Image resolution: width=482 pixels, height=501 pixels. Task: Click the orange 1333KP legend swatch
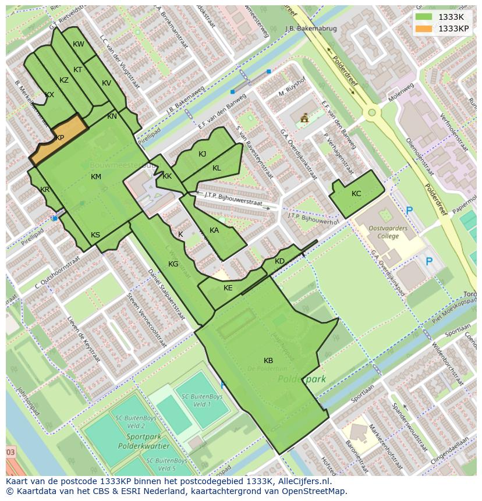426,29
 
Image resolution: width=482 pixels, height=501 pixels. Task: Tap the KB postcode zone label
268,361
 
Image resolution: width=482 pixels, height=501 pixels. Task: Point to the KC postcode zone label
356,194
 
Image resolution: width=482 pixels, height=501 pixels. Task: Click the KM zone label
96,177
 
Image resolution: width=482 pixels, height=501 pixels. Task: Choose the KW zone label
79,44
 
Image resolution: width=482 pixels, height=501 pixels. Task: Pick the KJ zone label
202,154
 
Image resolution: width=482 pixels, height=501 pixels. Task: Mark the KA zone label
214,230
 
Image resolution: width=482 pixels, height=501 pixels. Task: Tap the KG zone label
173,264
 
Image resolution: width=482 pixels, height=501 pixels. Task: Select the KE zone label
228,288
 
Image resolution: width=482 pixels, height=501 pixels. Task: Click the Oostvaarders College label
388,232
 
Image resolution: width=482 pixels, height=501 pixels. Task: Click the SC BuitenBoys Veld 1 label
194,400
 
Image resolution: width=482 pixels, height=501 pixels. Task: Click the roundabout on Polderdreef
371,112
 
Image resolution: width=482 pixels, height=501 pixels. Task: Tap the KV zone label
107,83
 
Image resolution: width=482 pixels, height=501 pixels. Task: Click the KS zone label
95,235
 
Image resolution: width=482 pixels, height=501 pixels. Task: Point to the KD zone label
279,261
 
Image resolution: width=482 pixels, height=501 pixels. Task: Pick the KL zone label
217,168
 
